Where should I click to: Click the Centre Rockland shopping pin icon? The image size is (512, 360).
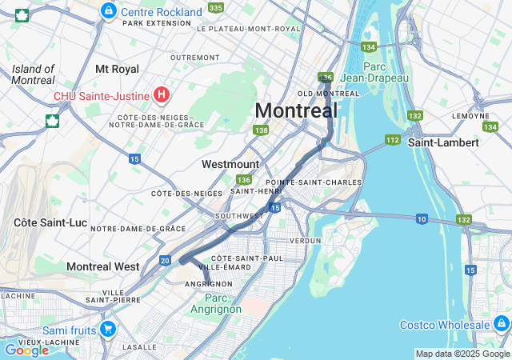click(108, 11)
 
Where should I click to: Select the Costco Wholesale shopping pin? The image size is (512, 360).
click(502, 324)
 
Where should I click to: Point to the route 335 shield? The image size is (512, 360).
click(215, 7)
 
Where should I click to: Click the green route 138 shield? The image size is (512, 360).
click(260, 130)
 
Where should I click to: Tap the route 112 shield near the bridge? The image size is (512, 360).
click(392, 140)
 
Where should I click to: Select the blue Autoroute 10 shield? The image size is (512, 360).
click(421, 218)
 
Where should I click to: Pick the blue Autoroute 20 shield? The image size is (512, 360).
click(165, 260)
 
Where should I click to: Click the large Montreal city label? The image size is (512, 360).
click(296, 110)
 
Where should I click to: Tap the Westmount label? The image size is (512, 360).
click(230, 164)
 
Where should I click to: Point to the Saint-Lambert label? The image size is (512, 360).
click(443, 142)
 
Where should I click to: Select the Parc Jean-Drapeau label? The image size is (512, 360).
click(374, 72)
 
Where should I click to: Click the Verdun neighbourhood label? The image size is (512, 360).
click(305, 240)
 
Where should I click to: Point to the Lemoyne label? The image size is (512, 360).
click(470, 115)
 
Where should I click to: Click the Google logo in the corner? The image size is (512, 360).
click(26, 350)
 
